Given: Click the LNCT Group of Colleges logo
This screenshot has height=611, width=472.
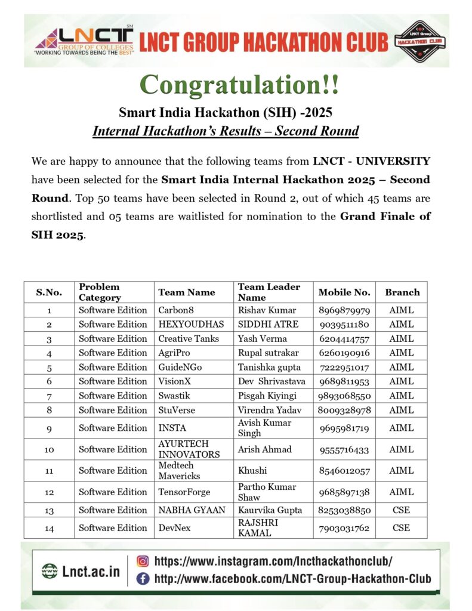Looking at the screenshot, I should coord(84,41).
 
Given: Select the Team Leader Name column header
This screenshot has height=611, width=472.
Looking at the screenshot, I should coord(269,292).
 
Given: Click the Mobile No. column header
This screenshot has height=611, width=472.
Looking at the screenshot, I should coord(344,292).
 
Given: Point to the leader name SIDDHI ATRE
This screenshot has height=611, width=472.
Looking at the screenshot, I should coord(268,325).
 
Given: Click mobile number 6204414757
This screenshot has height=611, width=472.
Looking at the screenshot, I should coord(344,339).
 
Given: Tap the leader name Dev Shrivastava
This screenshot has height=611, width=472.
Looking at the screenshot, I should coord(272,382).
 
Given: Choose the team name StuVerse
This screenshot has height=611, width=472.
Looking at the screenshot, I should coord(177,411).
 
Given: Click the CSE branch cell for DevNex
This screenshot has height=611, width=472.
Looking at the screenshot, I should coord(401,528).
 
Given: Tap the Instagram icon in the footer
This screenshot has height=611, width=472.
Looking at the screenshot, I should coord(143,561).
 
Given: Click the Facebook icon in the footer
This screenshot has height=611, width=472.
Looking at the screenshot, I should coord(143,578).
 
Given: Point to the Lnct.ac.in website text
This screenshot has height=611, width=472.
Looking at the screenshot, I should coord(91,571).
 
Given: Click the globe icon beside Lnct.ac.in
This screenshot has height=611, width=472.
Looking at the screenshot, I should coord(50,571).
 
